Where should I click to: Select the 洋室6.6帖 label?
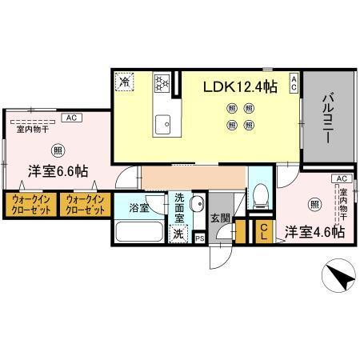(59, 171)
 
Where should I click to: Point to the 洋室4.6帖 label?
(315, 231)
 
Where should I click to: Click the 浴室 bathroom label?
(138, 208)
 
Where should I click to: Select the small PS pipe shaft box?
(199, 237)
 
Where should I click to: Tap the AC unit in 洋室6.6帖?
(70, 118)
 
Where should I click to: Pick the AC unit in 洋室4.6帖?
(340, 178)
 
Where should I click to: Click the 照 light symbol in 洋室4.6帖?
(315, 205)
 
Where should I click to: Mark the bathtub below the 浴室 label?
(140, 233)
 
